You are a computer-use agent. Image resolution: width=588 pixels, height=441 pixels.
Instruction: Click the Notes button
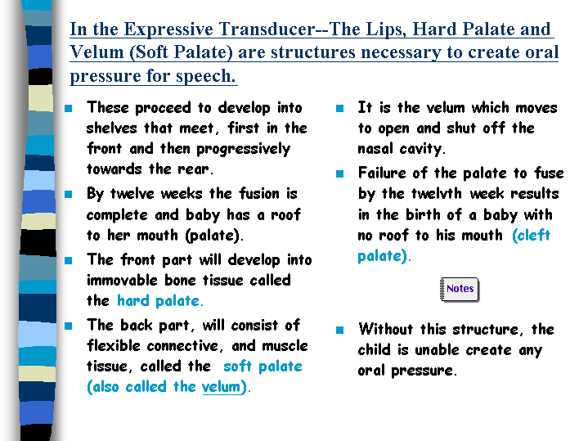coord(460,289)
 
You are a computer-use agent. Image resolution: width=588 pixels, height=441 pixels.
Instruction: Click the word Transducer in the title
coord(267,29)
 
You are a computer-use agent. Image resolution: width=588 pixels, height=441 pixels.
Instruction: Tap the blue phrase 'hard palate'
coord(160,301)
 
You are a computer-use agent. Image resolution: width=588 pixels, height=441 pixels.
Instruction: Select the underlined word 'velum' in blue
coord(221,387)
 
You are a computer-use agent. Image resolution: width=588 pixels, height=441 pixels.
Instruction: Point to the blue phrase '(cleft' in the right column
coord(531,236)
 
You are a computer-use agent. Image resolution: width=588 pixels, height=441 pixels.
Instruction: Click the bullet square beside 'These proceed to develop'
coord(68,109)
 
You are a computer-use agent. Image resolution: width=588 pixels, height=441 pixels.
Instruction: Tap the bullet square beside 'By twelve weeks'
coord(68,195)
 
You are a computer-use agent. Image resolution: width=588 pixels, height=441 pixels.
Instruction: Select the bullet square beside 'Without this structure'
coord(339,330)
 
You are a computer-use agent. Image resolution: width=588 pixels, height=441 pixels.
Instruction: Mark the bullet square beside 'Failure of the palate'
coord(339,173)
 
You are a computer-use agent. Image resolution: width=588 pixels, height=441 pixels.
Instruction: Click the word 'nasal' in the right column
coord(375,149)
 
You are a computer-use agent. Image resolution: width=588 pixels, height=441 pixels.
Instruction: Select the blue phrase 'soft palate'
coord(263,367)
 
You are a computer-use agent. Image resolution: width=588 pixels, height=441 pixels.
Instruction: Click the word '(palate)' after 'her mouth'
coord(214,236)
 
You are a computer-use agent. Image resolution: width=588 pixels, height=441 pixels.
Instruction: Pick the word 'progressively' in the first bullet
coord(244,150)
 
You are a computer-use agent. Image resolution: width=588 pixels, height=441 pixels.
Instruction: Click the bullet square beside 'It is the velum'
coord(339,109)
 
